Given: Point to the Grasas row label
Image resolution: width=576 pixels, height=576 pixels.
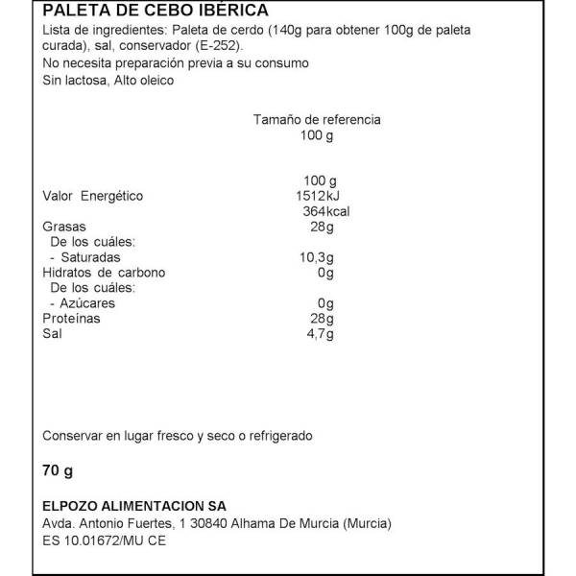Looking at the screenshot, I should (63, 227).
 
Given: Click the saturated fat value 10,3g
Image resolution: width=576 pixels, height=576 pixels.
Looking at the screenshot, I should (317, 257).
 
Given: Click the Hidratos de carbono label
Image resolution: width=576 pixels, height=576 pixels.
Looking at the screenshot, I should (104, 273).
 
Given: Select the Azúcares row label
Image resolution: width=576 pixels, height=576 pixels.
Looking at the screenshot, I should (83, 302).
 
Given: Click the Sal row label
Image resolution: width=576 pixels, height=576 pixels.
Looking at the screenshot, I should (52, 333).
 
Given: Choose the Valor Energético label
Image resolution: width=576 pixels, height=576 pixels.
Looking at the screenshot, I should (92, 196).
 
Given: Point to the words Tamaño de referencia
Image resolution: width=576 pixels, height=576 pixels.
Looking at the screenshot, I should (317, 120).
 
